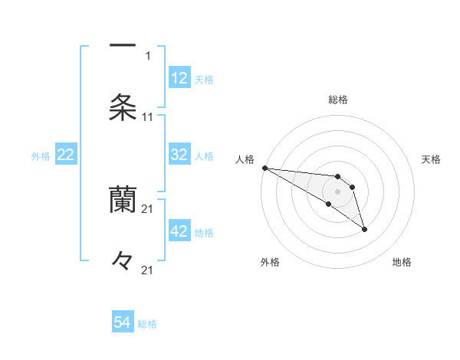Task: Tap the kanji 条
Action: (123, 107)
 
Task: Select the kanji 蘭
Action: (123, 199)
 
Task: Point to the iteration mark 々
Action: (123, 260)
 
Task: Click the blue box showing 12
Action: (179, 78)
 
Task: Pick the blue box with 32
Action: (179, 155)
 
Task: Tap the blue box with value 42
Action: (179, 231)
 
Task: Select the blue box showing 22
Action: (66, 155)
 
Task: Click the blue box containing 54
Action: (123, 322)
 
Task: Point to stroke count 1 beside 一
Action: (148, 55)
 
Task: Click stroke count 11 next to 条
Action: (148, 117)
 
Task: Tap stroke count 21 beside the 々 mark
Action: (148, 270)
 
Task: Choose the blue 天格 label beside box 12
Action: (204, 79)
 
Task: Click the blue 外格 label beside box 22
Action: (41, 155)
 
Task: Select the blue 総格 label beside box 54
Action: (147, 323)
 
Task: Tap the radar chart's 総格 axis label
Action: (338, 100)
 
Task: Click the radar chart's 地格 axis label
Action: (402, 262)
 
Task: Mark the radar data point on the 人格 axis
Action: (264, 168)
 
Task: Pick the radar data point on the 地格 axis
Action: (364, 229)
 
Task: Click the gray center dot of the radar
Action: (338, 191)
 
